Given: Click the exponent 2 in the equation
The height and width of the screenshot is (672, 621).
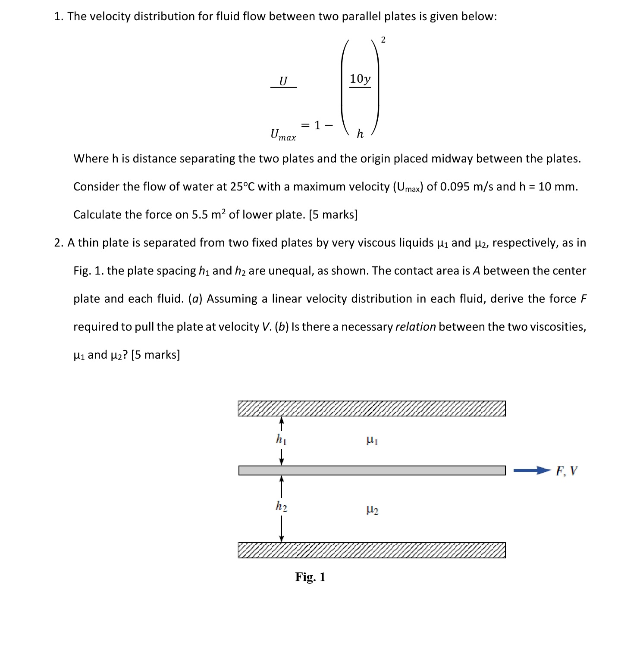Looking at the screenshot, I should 383,40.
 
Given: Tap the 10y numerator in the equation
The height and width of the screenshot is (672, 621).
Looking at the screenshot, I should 360,79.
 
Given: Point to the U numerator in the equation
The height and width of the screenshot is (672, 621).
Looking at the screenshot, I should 283,81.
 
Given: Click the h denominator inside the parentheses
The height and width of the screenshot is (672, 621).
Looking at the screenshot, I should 360,134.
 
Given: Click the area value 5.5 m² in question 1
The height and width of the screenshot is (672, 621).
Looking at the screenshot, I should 208,214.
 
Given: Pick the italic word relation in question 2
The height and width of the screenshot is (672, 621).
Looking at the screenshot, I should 415,327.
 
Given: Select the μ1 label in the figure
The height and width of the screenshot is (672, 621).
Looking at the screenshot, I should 372,441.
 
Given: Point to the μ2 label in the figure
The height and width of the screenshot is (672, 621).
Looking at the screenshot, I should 372,510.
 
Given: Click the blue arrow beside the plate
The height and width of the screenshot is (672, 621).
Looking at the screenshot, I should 531,471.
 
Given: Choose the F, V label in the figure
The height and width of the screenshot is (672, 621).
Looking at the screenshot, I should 566,471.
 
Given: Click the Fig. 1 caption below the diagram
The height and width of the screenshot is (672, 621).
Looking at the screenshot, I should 310,577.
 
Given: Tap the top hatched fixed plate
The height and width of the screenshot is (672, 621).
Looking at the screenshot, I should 371,409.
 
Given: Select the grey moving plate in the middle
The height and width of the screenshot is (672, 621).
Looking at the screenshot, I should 371,470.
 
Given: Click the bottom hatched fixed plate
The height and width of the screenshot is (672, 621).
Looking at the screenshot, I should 371,550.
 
